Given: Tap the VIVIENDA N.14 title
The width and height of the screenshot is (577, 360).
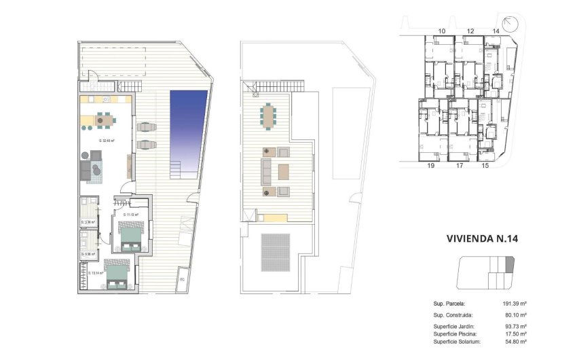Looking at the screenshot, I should click(x=483, y=238).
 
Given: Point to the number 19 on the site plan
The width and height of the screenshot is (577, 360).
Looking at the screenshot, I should click(x=430, y=165).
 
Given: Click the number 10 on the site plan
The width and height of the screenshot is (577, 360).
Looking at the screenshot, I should click(x=442, y=31).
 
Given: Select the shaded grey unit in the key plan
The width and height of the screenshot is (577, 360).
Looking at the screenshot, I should click(x=510, y=264).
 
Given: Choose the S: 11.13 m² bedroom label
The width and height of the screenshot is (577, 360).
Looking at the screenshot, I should click(x=131, y=215).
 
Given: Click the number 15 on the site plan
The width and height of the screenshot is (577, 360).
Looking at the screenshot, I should click(x=485, y=165).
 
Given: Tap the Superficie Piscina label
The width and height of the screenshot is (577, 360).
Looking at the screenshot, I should click(x=455, y=334).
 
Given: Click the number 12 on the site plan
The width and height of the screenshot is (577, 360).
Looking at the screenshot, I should click(x=470, y=31).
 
